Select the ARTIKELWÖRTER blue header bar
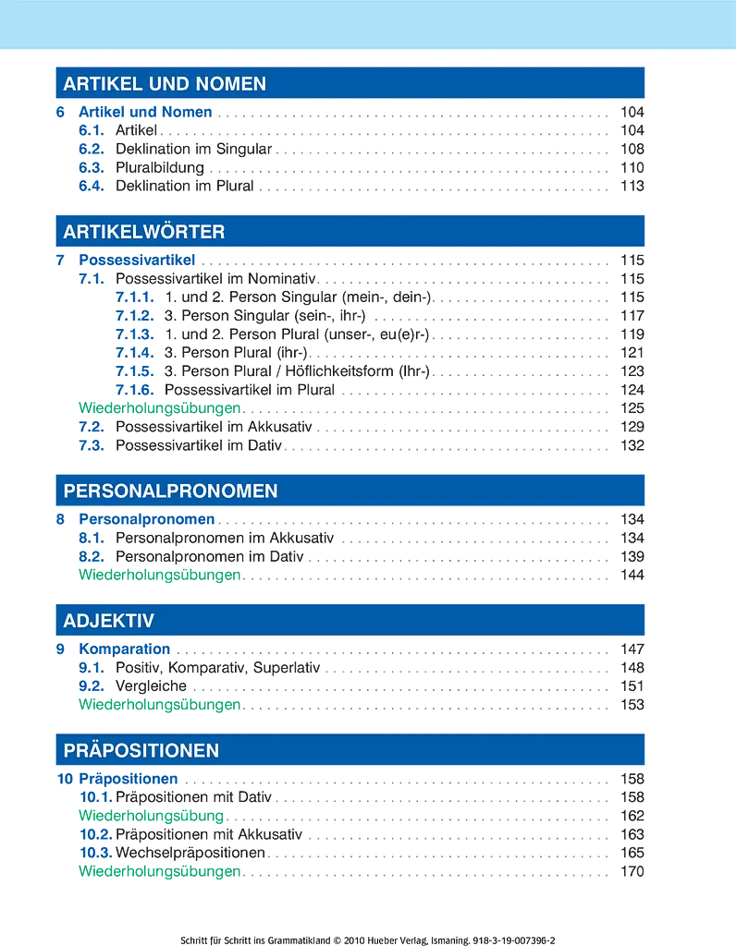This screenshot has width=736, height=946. pyautogui.click(x=350, y=230)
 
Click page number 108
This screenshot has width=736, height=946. pyautogui.click(x=632, y=149)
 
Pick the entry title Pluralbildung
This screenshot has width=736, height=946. pyautogui.click(x=160, y=168)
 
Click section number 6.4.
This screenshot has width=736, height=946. pyautogui.click(x=92, y=186)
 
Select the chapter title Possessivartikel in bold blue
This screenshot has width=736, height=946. pyautogui.click(x=137, y=260)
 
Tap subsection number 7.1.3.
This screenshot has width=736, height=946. pyautogui.click(x=135, y=334)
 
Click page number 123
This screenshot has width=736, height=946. pyautogui.click(x=632, y=371)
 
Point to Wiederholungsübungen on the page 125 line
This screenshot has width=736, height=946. pyautogui.click(x=160, y=408)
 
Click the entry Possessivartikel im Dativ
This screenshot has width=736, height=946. pyautogui.click(x=199, y=445)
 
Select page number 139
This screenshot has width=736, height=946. pyautogui.click(x=632, y=556)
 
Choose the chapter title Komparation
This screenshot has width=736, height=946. pyautogui.click(x=125, y=649)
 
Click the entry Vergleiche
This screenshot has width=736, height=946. pyautogui.click(x=151, y=686)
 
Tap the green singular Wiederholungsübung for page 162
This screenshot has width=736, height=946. pyautogui.click(x=152, y=816)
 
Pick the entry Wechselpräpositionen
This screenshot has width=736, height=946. pyautogui.click(x=190, y=853)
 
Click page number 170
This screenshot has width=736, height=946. pyautogui.click(x=632, y=871)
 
